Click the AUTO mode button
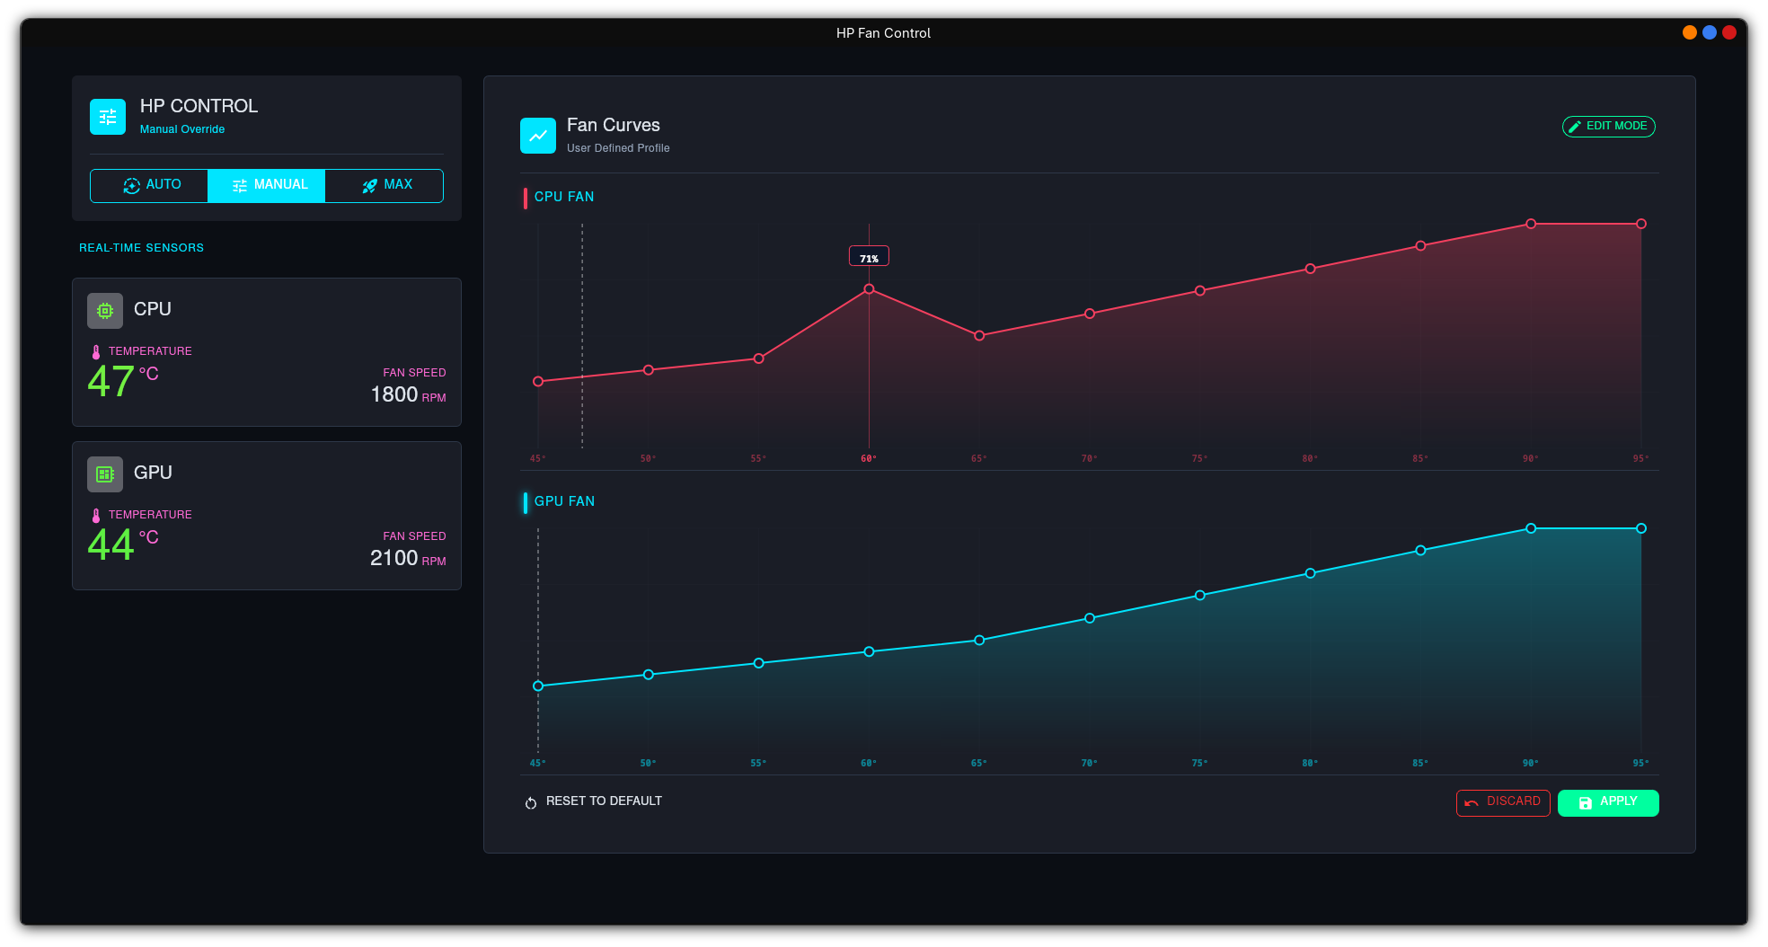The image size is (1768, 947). pos(149,185)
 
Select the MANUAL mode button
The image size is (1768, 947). pos(267,185)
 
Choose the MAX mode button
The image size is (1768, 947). pos(385,185)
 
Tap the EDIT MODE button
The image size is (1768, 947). pos(1608,127)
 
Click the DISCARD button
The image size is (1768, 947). pos(1503,802)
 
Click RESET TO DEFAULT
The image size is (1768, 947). pos(594,801)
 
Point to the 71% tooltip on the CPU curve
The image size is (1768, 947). pos(869,257)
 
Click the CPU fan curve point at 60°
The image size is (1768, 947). pos(869,289)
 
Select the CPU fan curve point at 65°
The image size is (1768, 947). pos(979,336)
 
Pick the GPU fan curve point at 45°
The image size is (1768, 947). pos(538,686)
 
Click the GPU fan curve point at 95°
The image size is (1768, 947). pos(1641,528)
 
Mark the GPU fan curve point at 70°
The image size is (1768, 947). pos(1090,618)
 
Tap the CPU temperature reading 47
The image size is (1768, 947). pos(111,382)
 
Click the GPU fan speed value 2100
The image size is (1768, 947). pos(393,558)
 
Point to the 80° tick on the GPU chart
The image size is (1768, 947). pos(1310,763)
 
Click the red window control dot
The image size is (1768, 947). pos(1729,32)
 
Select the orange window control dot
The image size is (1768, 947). pos(1690,32)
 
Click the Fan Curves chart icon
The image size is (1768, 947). pos(538,136)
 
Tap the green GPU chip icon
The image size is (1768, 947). pos(105,474)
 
